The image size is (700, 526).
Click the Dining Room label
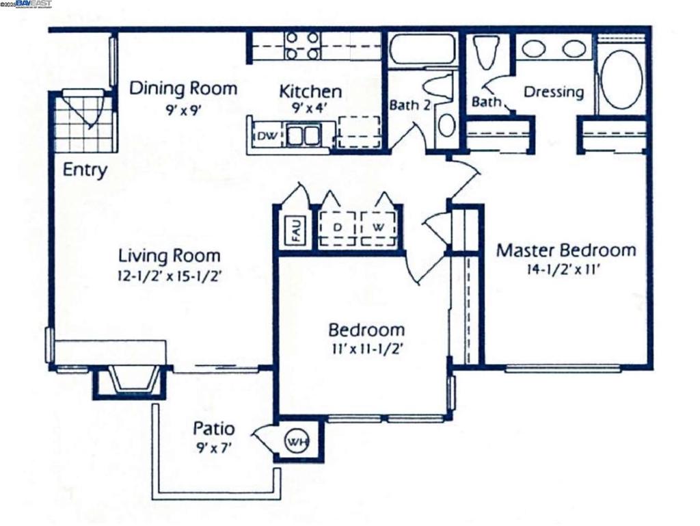pyautogui.click(x=183, y=89)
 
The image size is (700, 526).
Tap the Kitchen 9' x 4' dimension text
pyautogui.click(x=310, y=107)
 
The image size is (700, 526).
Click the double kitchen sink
pyautogui.click(x=303, y=135)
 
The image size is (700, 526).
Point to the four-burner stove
pyautogui.click(x=302, y=46)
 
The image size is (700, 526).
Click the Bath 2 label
pyautogui.click(x=410, y=105)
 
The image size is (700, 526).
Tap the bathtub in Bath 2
pyautogui.click(x=422, y=49)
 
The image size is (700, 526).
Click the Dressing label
pyautogui.click(x=554, y=92)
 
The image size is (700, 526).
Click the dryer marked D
pyautogui.click(x=337, y=228)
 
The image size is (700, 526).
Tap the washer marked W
pyautogui.click(x=378, y=228)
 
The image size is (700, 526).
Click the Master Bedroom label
pyautogui.click(x=566, y=250)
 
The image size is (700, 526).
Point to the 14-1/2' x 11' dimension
pyautogui.click(x=562, y=269)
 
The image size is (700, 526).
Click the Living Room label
pyautogui.click(x=170, y=256)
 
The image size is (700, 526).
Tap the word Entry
pyautogui.click(x=85, y=170)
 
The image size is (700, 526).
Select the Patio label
pyautogui.click(x=213, y=429)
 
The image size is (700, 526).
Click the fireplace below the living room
pyautogui.click(x=132, y=381)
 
